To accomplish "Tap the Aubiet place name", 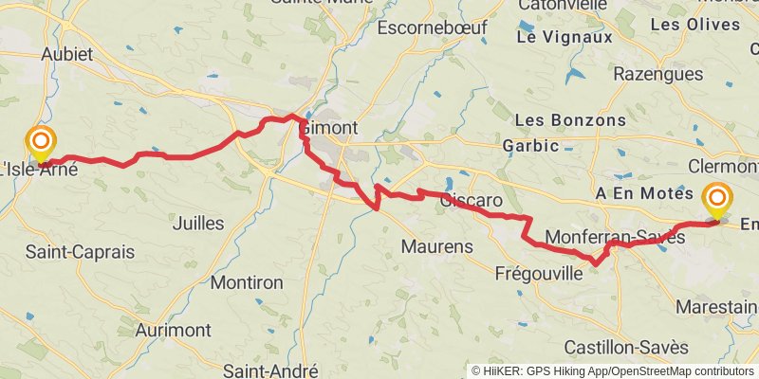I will pyautogui.click(x=66, y=54).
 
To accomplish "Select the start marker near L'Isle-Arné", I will pyautogui.click(x=41, y=145).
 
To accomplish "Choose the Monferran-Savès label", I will pyautogui.click(x=616, y=238).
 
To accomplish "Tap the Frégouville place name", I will pyautogui.click(x=539, y=274).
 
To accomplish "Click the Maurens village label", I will pyautogui.click(x=436, y=246).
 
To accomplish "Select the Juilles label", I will pyautogui.click(x=199, y=224).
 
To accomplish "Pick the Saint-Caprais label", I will pyautogui.click(x=80, y=253).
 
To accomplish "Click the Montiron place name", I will pyautogui.click(x=247, y=282).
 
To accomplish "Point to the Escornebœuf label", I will pyautogui.click(x=432, y=27).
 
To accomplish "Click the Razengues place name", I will pyautogui.click(x=658, y=74).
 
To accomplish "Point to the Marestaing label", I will pyautogui.click(x=718, y=307).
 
